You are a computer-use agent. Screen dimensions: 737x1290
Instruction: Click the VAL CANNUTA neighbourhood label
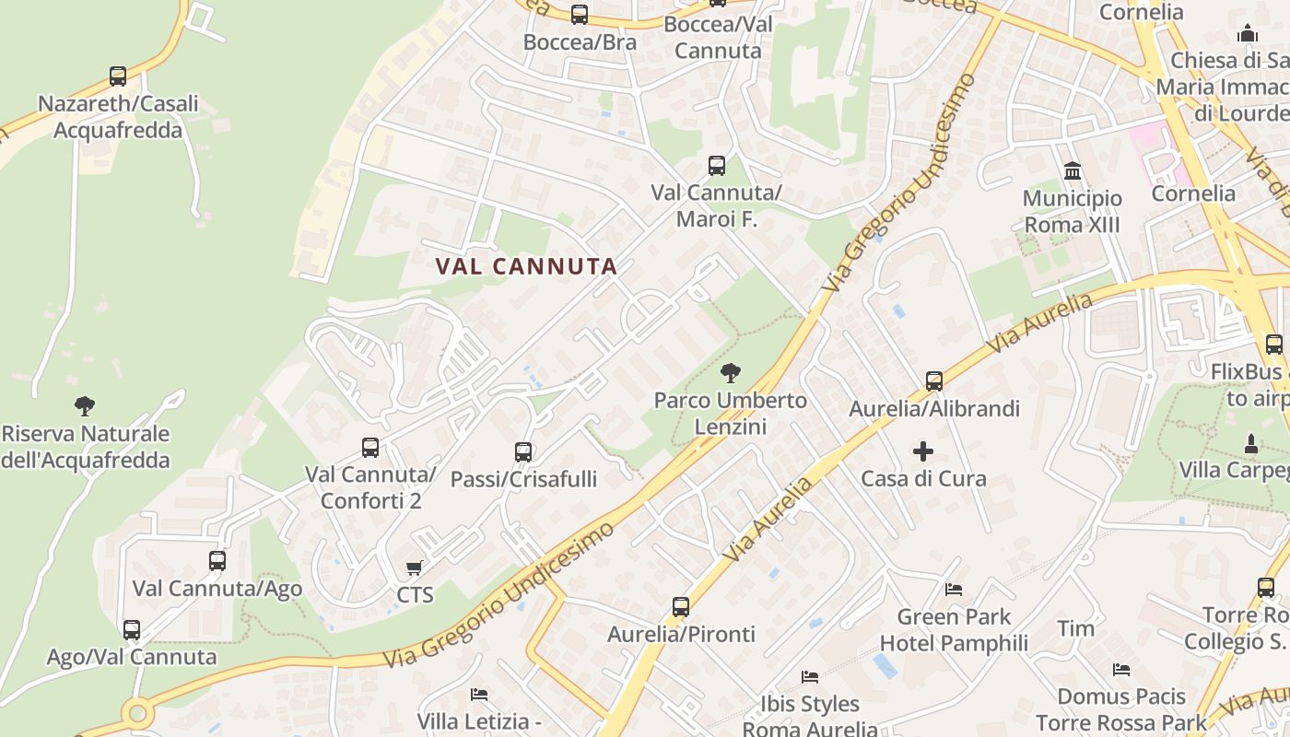[x=526, y=266]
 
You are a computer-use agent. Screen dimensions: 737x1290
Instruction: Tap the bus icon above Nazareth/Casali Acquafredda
[x=118, y=76]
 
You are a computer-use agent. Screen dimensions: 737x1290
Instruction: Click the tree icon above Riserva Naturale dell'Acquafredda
[x=85, y=405]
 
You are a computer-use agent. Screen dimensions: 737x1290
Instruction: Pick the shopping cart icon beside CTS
[x=415, y=568]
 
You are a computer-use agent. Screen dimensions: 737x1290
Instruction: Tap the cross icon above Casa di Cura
[x=923, y=451]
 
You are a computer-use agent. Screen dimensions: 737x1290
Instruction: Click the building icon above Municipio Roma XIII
[x=1073, y=170]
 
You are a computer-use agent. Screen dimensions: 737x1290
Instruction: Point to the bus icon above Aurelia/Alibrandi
[x=934, y=380]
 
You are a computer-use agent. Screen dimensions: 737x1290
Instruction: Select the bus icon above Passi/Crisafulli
[x=523, y=451]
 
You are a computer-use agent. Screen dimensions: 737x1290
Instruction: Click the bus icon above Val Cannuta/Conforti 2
[x=370, y=448]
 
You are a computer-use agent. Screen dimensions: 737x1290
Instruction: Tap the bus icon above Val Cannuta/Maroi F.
[x=717, y=166]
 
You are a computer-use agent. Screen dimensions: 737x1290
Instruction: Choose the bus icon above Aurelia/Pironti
[x=681, y=606]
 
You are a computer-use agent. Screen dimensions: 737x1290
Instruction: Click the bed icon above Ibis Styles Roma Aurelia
[x=810, y=677]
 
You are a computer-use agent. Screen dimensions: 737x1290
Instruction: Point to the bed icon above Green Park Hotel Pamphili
[x=954, y=590]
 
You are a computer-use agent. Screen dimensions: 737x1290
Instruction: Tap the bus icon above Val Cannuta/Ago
[x=217, y=560]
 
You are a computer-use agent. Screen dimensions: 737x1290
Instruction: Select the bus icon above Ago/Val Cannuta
[x=132, y=629]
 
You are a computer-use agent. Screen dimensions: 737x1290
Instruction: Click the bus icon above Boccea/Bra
[x=580, y=15]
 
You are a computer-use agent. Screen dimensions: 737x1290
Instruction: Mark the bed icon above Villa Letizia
[x=479, y=694]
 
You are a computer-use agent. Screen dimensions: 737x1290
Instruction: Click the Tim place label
[x=1075, y=628]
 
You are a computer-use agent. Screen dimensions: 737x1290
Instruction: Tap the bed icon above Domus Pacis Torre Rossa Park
[x=1121, y=669]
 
